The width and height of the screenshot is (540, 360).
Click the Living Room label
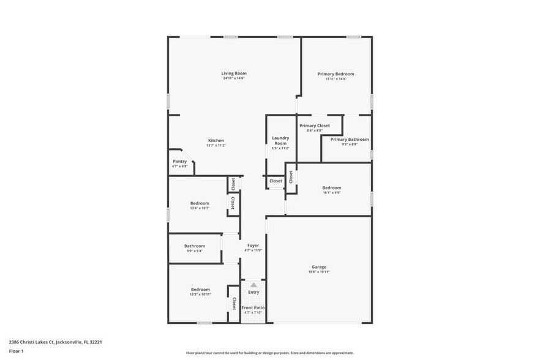pyautogui.click(x=234, y=73)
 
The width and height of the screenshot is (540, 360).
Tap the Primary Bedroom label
pyautogui.click(x=336, y=74)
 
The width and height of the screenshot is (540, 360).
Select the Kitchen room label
pyautogui.click(x=216, y=140)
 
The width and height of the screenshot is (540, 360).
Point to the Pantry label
pyautogui.click(x=179, y=161)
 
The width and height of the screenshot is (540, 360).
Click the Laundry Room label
pyautogui.click(x=280, y=140)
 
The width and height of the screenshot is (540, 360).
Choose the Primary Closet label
pyautogui.click(x=314, y=126)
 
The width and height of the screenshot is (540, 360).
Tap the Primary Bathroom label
pyautogui.click(x=350, y=140)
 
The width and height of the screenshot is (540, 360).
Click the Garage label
pyautogui.click(x=319, y=267)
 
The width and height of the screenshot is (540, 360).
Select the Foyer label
pyautogui.click(x=253, y=246)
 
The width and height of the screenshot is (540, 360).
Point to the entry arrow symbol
pyautogui.click(x=253, y=285)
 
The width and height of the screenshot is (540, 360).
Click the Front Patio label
pyautogui.click(x=253, y=307)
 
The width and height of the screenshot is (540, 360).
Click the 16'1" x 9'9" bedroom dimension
pyautogui.click(x=332, y=192)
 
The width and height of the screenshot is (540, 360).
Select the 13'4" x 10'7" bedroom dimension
pyautogui.click(x=200, y=208)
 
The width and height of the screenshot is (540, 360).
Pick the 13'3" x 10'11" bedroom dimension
pyautogui.click(x=200, y=294)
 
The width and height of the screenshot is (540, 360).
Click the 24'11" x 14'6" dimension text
pyautogui.click(x=234, y=78)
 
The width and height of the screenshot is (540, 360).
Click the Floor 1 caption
pyautogui.click(x=16, y=351)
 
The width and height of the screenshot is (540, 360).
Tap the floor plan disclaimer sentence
pyautogui.click(x=269, y=353)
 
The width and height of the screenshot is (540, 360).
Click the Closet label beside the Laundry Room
pyautogui.click(x=276, y=181)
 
